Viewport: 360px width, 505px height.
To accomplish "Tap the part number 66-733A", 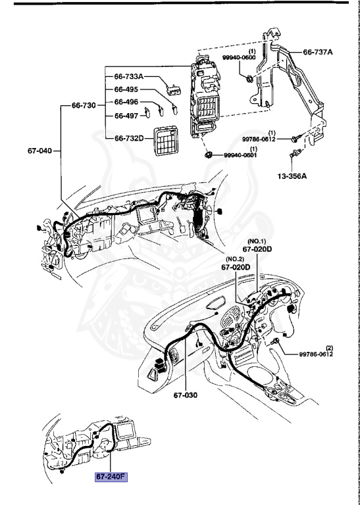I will click(x=129, y=77).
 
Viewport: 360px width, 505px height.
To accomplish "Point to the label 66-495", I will click(x=127, y=89).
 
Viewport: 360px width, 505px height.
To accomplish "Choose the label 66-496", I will click(x=127, y=102).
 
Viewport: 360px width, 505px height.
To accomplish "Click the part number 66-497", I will click(x=127, y=115).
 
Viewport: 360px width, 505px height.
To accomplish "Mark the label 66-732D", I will click(x=130, y=138).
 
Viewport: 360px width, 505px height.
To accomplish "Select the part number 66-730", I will click(x=84, y=105).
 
